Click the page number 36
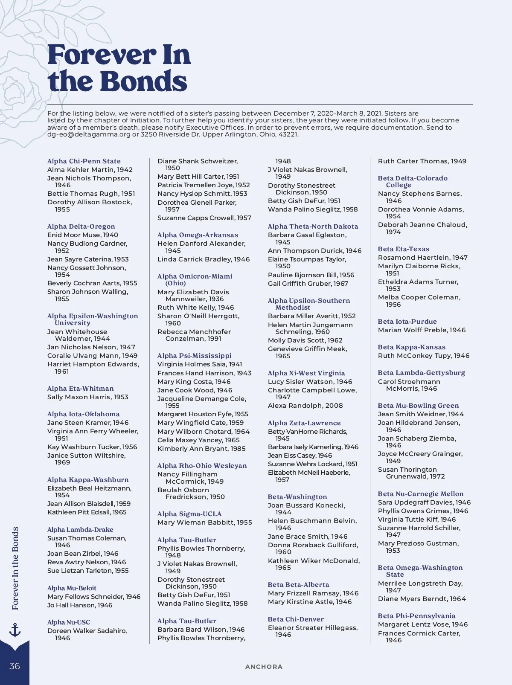point(15,666)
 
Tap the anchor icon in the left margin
point(15,630)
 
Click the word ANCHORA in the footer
point(264,667)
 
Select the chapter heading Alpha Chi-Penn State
point(84,161)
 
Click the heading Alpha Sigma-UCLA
point(189,514)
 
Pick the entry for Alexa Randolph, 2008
point(305,406)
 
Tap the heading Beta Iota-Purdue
point(407,322)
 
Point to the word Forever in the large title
point(101,55)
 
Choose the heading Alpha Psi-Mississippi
point(194,356)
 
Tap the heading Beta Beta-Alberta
point(298,585)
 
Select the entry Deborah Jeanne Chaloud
point(422,225)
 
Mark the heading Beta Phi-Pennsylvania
point(416,616)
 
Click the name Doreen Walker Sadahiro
point(87,631)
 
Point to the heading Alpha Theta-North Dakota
point(313,226)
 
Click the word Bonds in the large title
point(145,81)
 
